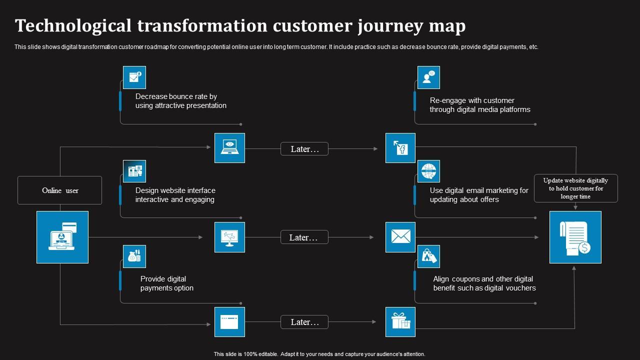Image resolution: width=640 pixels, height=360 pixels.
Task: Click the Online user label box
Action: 59,190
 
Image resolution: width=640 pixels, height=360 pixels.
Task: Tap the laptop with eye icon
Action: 229,148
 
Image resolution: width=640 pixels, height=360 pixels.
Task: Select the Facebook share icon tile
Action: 400,148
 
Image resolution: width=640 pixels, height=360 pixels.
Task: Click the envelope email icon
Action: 400,237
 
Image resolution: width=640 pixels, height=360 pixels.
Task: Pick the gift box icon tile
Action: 400,321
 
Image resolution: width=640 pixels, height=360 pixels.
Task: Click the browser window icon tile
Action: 229,321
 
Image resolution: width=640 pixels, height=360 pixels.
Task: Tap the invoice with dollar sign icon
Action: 575,237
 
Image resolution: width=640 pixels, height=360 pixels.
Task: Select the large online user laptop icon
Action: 62,237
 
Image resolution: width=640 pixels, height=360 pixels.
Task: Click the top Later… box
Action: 304,149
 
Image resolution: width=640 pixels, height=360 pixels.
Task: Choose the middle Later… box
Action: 304,237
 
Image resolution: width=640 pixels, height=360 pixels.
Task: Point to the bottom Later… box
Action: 304,322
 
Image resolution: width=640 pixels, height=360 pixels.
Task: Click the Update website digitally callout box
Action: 575,188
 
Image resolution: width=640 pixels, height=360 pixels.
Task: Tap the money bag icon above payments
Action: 134,256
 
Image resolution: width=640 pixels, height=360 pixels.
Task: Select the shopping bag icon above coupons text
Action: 428,256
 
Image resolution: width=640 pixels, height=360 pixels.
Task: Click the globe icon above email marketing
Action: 428,171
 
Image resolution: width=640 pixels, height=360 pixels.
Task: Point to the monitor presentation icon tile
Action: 229,237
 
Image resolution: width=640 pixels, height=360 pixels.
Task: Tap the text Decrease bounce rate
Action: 176,96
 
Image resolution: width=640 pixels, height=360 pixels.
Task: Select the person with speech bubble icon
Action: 428,77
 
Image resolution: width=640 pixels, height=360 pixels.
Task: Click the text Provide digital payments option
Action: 166,283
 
